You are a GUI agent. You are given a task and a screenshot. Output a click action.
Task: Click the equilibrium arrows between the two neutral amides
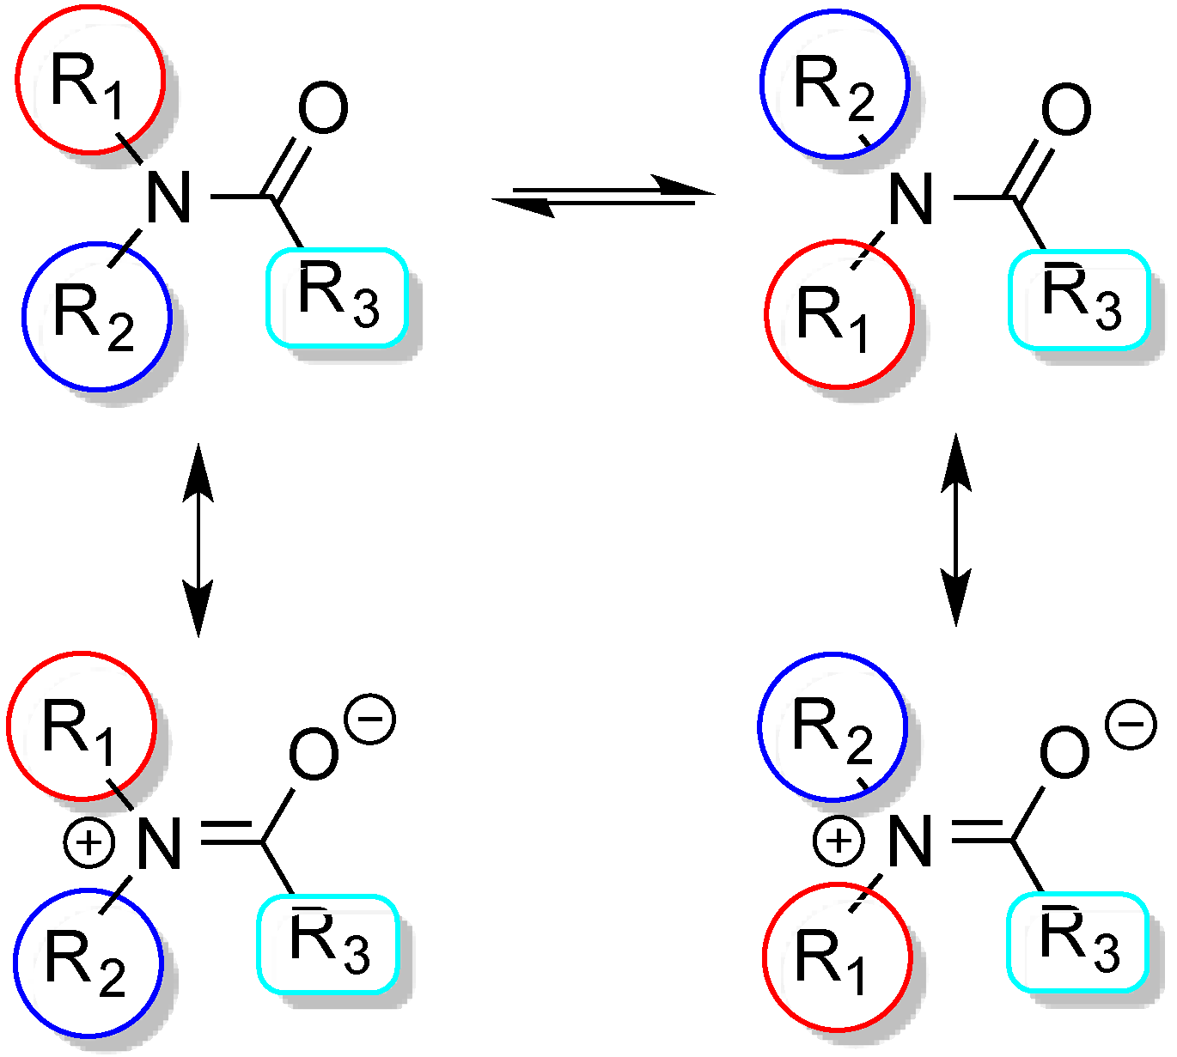[x=603, y=196]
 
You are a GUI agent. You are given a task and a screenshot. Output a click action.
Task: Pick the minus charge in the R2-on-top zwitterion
[x=1131, y=724]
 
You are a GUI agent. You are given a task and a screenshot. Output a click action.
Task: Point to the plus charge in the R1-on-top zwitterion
[x=89, y=844]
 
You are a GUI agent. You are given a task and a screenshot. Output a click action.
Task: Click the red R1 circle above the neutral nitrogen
[x=89, y=80]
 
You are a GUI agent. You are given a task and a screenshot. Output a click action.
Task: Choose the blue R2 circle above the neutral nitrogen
[x=834, y=84]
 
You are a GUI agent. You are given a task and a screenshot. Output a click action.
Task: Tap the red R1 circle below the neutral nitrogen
[x=839, y=314]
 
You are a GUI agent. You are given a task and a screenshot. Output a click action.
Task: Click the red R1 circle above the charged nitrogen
[x=82, y=726]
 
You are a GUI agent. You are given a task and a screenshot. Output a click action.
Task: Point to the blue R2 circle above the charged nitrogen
[x=832, y=726]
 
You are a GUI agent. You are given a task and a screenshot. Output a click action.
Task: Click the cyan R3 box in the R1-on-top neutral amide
[x=336, y=297]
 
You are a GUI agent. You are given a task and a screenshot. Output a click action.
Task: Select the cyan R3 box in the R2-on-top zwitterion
[x=1077, y=941]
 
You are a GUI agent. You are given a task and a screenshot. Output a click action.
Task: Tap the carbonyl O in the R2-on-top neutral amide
[x=1066, y=111]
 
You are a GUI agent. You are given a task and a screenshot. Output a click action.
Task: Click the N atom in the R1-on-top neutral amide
[x=168, y=197]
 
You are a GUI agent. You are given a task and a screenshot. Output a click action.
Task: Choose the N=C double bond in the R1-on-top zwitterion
[x=230, y=833]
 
